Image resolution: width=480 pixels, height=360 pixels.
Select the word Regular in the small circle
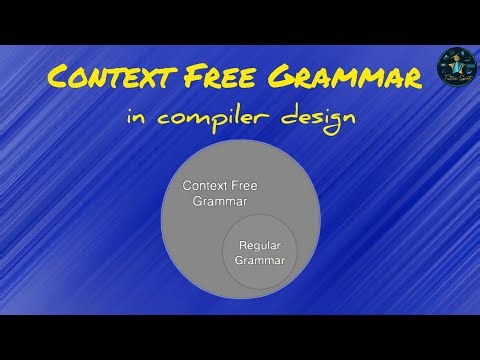pyautogui.click(x=260, y=245)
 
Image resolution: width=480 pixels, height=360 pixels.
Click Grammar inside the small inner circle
pyautogui.click(x=260, y=260)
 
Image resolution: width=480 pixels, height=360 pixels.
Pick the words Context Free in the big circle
pyautogui.click(x=219, y=186)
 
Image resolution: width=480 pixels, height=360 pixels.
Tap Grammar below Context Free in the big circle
pyautogui.click(x=219, y=201)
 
